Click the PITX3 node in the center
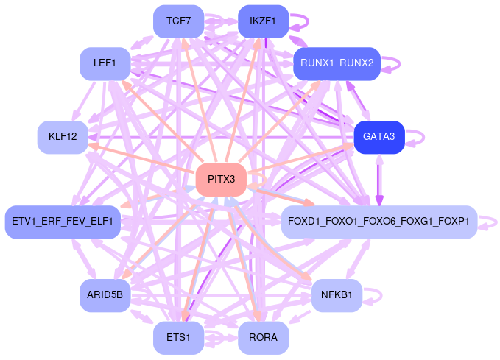(221, 179)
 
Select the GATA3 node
(379, 137)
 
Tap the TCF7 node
(178, 21)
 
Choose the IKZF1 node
(263, 21)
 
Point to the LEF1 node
(105, 63)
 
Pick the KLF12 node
(63, 137)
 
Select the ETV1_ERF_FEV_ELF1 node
(63, 222)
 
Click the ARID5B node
(105, 295)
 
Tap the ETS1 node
(178, 338)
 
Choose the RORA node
(263, 338)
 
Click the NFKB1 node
(337, 295)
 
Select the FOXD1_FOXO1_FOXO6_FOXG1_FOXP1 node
(379, 222)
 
